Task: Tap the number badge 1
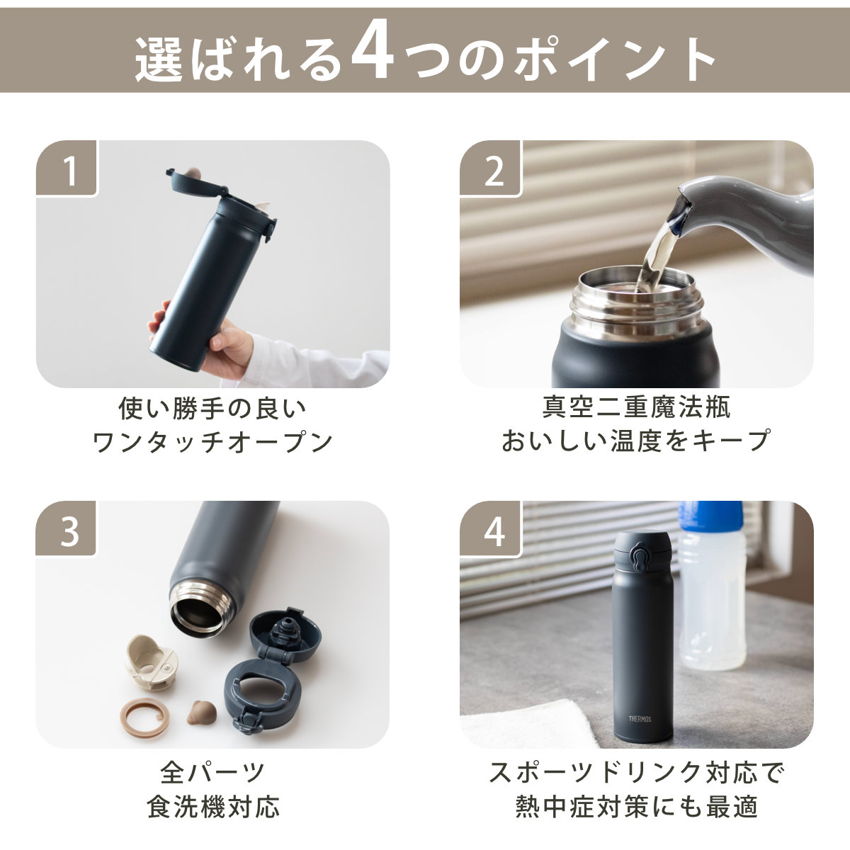point(69,170)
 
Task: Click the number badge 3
point(69,531)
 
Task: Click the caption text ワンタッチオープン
point(212,442)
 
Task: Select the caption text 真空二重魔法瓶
point(636,407)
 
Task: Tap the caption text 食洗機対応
point(212,806)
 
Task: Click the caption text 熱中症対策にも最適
point(636,806)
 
